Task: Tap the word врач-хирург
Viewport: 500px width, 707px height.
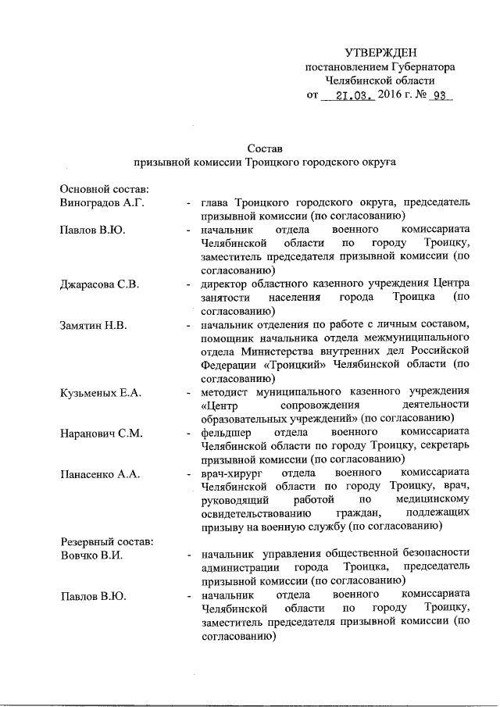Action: (230, 473)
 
